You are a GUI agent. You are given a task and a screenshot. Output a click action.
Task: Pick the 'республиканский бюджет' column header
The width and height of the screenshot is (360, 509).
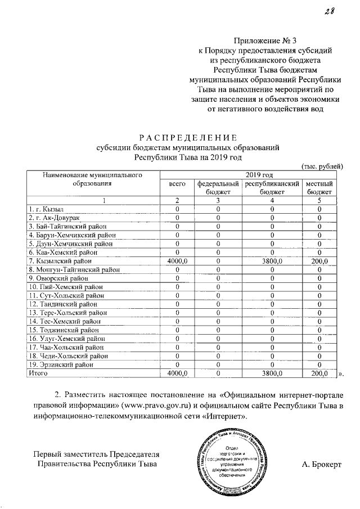point(272,188)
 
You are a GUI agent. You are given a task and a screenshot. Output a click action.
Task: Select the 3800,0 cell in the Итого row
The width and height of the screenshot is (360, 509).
point(272,372)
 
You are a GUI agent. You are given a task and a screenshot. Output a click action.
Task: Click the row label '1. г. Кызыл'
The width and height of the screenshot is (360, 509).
point(47,209)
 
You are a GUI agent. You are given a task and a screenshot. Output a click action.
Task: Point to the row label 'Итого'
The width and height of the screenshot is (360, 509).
point(39,372)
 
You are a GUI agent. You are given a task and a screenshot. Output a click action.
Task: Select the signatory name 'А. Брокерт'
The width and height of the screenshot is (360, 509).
point(321,464)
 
